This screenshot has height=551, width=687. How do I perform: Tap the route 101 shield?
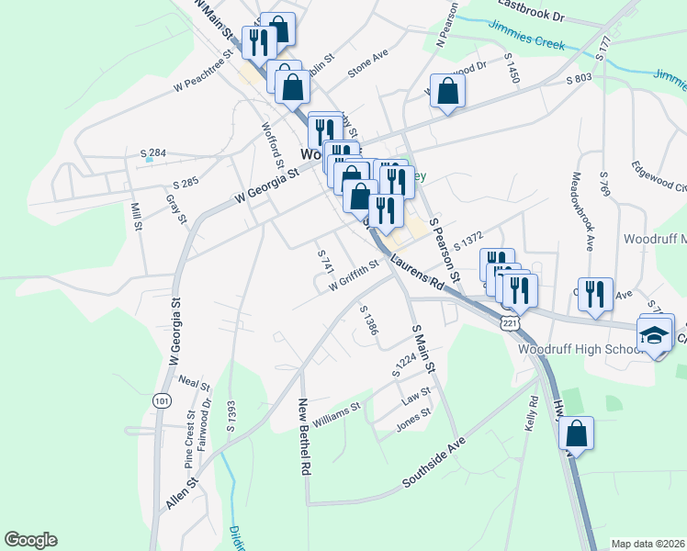(162, 400)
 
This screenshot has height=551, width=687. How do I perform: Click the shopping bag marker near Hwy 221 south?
(576, 433)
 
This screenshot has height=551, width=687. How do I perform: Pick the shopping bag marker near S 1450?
(447, 91)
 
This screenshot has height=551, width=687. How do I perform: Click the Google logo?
(30, 540)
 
